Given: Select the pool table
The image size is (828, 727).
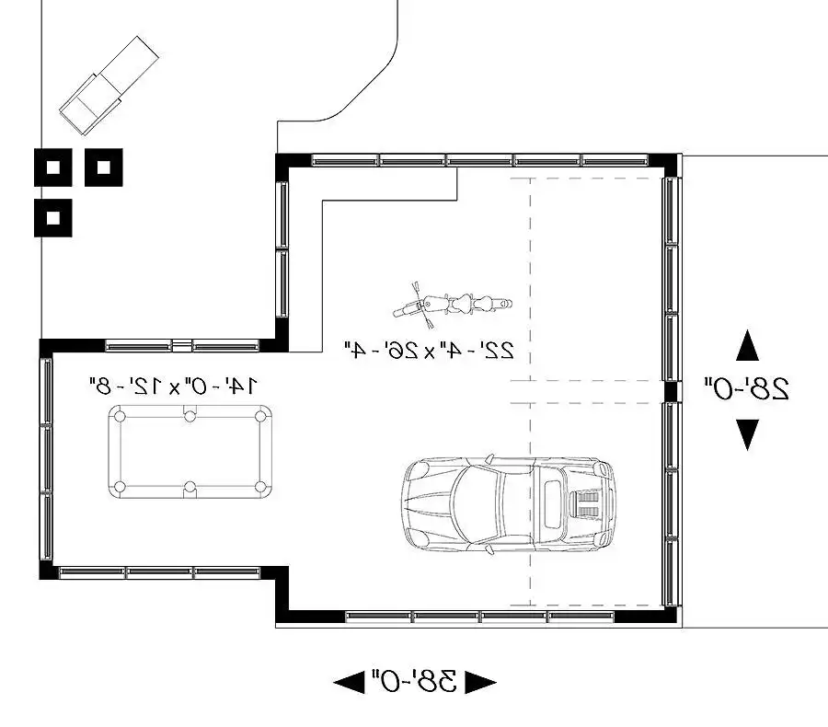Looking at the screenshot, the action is click(190, 452).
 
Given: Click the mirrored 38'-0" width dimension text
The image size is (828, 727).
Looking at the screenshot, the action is click(414, 681).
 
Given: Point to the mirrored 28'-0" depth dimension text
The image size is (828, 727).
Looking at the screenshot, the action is click(746, 389).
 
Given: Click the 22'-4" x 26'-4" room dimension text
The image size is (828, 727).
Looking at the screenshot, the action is click(429, 351).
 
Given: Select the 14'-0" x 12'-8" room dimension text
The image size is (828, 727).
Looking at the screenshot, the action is click(174, 386).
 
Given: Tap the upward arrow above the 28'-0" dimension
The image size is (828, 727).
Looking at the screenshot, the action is click(747, 345).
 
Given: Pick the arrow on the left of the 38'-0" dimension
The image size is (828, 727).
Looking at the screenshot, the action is click(349, 682).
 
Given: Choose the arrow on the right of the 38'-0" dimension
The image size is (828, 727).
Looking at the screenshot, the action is click(480, 682).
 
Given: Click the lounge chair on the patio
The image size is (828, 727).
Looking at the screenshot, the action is click(109, 85).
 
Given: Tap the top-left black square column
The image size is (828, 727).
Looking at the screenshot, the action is click(52, 167).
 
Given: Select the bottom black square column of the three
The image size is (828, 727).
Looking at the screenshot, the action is click(52, 218).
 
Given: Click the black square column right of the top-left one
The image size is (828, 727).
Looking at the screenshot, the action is click(104, 167).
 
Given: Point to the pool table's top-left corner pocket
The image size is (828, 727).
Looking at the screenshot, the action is click(120, 416).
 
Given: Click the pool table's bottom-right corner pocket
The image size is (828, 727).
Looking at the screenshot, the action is click(260, 487).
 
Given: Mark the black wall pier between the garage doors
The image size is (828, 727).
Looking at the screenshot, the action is click(670, 391).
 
